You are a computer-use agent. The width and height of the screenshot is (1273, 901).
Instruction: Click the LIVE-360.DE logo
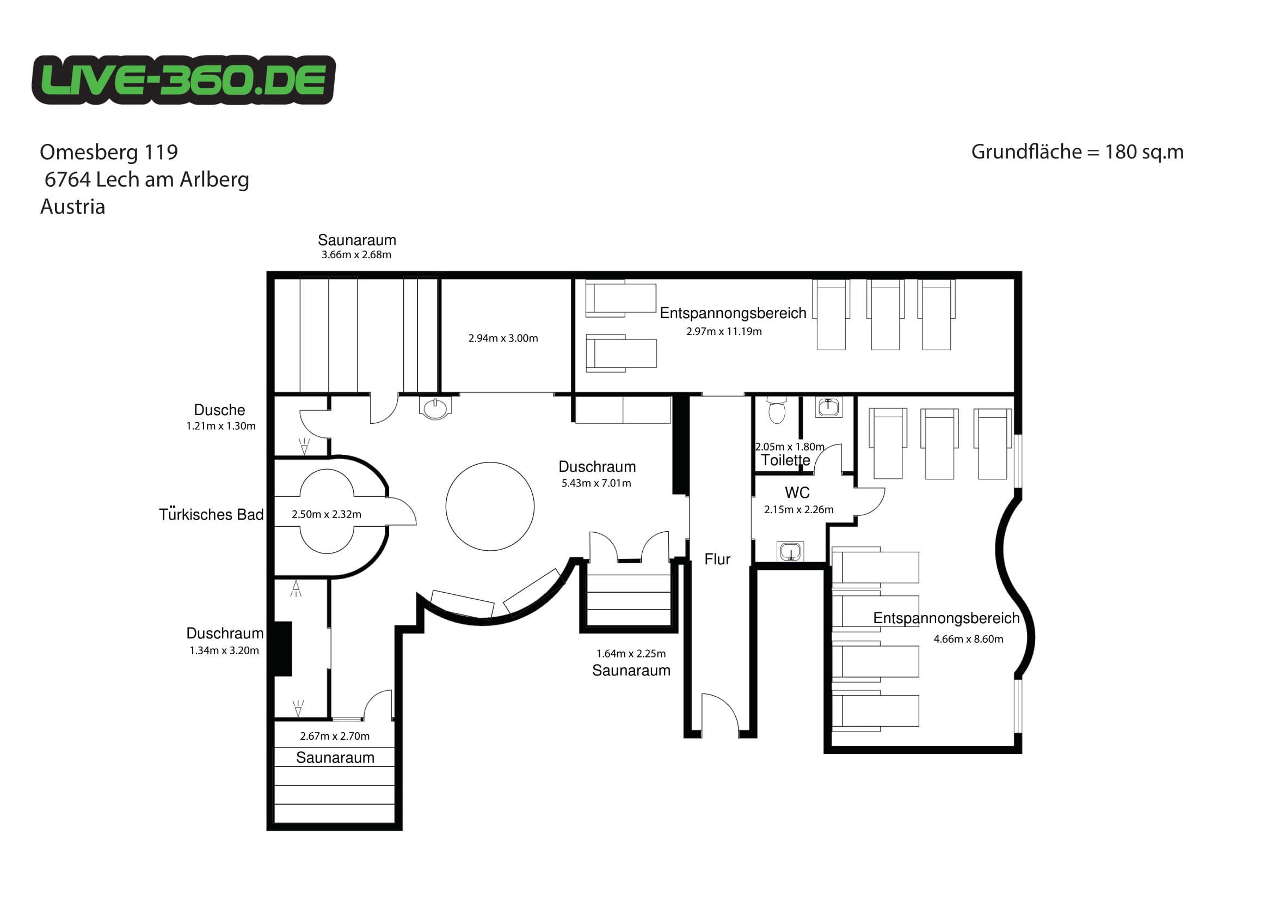coord(183,80)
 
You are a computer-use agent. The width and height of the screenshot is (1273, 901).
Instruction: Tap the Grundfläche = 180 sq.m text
coord(1077,152)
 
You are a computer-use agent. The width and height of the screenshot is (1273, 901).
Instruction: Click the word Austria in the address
coord(72,207)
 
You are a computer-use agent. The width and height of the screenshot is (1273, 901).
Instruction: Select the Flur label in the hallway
coord(717,559)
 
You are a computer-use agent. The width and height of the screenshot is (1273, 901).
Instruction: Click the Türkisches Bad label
coord(211,514)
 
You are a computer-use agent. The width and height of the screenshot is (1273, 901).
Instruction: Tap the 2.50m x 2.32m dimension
coord(327,514)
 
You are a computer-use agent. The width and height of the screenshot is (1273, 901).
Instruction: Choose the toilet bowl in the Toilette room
coord(777,410)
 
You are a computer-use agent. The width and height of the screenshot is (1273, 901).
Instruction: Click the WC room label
coord(797,492)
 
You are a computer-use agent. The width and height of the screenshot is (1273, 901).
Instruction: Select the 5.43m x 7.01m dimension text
coord(596,483)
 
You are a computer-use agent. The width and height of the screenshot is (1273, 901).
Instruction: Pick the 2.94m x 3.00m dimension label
coord(503,338)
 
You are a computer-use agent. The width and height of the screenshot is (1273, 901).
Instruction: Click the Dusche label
coord(219,410)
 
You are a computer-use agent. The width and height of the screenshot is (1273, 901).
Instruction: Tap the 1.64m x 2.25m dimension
coord(631,654)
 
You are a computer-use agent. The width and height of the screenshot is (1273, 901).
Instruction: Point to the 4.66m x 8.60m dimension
coord(968,639)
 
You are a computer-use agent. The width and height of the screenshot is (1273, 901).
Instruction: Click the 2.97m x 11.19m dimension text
coord(724,331)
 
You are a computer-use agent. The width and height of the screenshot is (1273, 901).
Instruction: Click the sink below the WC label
coord(790,551)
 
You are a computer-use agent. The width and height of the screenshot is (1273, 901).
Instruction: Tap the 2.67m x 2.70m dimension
coord(334,736)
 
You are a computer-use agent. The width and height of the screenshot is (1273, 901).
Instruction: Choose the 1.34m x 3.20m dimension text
coord(224,650)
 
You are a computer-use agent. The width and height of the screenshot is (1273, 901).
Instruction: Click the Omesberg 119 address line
coord(109,152)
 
